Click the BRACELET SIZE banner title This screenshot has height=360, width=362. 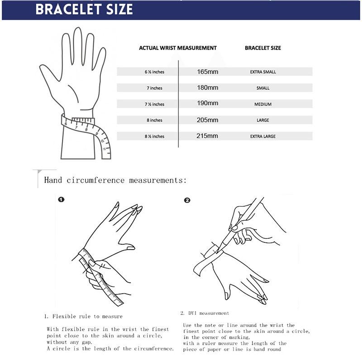pos(84,9)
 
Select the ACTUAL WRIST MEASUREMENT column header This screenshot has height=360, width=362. pos(177,48)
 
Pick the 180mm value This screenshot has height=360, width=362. pos(208,88)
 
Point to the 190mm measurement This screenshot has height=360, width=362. pos(208,104)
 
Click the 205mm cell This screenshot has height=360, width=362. pos(208,120)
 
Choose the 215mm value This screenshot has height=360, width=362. pos(208,136)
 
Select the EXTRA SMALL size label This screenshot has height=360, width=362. pos(263,72)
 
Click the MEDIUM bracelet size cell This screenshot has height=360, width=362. pos(263,104)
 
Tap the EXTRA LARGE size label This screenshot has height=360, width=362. pos(263,136)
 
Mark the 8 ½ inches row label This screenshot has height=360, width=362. pos(154,136)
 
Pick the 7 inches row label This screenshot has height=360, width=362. pos(154,88)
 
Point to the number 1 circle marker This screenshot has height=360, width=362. pos(61,199)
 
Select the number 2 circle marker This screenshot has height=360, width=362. pos(187,200)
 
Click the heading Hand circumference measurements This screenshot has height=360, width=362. pos(115,180)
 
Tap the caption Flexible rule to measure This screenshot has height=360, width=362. pos(83,316)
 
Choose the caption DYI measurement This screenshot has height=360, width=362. pos(205,313)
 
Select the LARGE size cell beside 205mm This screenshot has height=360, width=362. pos(263,120)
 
